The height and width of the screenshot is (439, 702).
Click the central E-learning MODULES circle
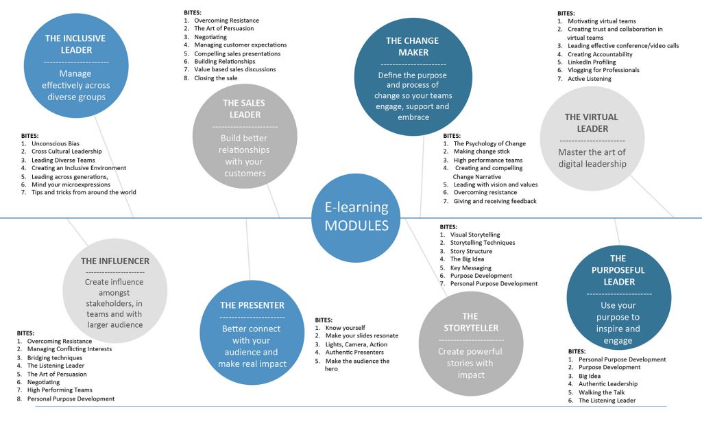click(x=356, y=217)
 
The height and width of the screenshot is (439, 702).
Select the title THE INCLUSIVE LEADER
click(x=75, y=45)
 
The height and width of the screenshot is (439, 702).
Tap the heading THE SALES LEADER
click(x=245, y=109)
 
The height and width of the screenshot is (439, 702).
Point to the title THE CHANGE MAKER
click(x=413, y=47)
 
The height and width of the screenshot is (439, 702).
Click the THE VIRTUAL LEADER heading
click(x=592, y=123)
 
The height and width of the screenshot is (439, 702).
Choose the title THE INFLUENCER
click(x=115, y=261)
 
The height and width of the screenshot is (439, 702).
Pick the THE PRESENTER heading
click(x=252, y=305)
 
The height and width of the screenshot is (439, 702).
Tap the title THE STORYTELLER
click(x=471, y=322)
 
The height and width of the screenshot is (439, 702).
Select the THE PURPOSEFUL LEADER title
click(x=618, y=270)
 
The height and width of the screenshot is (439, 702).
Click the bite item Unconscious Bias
click(x=55, y=144)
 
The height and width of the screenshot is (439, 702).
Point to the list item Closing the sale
click(x=216, y=78)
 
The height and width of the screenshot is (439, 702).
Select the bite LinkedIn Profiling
click(x=592, y=62)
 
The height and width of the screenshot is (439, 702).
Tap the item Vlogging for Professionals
click(x=603, y=71)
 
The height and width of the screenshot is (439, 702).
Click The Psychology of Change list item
click(x=489, y=144)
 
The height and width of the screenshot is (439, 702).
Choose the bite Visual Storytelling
click(x=475, y=235)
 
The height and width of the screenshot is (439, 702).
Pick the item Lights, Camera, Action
click(x=356, y=344)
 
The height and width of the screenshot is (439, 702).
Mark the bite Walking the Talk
click(x=602, y=392)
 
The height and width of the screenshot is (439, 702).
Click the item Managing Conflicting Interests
click(x=69, y=349)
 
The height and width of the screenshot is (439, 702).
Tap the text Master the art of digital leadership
click(x=592, y=158)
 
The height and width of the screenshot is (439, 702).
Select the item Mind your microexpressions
click(x=71, y=185)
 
